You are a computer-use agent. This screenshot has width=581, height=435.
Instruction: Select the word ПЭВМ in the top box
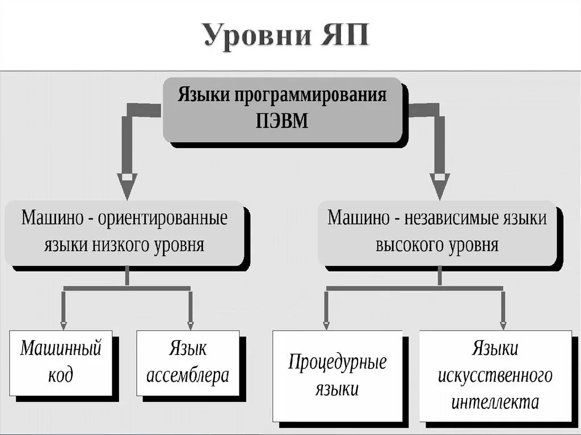[282, 121]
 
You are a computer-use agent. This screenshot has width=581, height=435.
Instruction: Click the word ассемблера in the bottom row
[188, 375]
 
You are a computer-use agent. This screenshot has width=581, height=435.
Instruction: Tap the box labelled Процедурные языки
[337, 375]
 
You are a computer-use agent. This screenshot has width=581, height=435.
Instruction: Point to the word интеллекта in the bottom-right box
[495, 402]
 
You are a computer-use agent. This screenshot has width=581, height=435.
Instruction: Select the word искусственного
[495, 375]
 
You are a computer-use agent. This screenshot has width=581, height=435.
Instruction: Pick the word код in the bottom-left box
[61, 375]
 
